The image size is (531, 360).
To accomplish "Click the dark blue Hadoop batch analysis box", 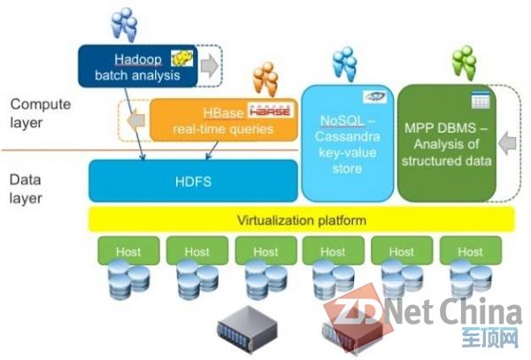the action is [x=138, y=66].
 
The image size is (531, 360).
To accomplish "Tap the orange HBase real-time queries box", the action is [x=224, y=120].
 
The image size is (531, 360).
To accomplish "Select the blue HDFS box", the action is [x=193, y=181].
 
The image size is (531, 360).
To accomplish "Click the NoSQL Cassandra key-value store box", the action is [x=348, y=143].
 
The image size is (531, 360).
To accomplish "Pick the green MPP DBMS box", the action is [x=446, y=143].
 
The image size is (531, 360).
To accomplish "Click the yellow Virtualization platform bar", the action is [x=302, y=220].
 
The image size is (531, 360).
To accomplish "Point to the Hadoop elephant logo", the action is [x=182, y=58].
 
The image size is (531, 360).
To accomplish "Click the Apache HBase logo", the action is [x=270, y=110].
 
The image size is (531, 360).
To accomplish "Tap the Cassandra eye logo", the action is [x=375, y=96].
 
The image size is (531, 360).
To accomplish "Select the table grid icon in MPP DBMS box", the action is [x=481, y=100].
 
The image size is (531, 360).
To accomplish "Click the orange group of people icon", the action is [x=265, y=79].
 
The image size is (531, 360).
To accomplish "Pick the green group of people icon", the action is [x=465, y=63].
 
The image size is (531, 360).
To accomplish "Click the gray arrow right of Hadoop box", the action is [x=210, y=65].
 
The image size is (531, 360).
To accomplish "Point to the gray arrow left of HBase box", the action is [x=136, y=119].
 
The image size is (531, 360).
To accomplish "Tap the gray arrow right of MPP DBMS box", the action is [x=507, y=143].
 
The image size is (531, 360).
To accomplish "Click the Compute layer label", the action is [x=41, y=113].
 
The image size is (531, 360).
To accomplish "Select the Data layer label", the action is [x=26, y=188].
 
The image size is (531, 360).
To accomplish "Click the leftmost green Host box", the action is [x=128, y=250].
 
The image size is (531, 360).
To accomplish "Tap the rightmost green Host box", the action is [x=471, y=250].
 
